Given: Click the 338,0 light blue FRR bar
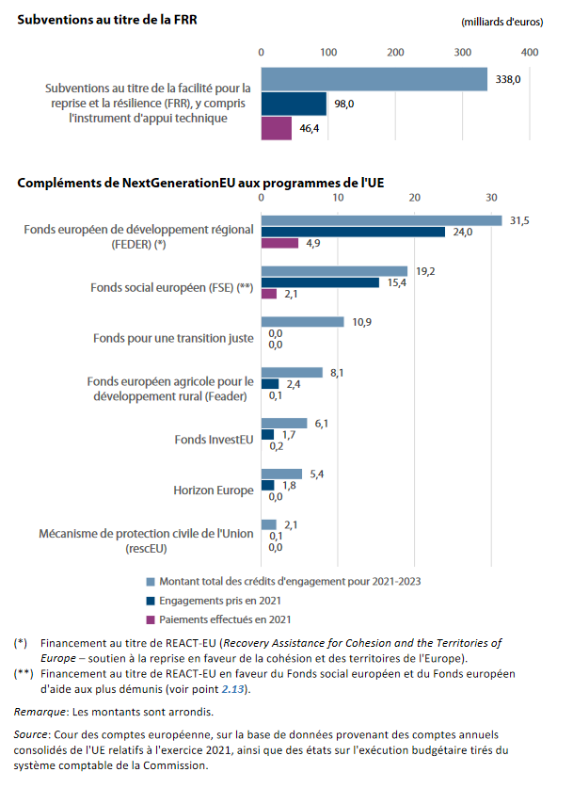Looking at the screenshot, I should [374, 80].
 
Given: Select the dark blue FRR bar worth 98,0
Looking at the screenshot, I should [294, 104].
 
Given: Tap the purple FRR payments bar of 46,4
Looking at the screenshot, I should [277, 127].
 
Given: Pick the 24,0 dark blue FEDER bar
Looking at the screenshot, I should [353, 232].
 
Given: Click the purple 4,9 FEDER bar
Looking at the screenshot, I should [279, 244].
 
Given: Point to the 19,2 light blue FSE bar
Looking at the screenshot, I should [334, 271].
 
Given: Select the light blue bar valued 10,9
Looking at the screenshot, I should [302, 322].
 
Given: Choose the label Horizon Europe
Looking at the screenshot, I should [214, 490].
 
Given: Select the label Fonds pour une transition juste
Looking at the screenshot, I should [173, 338].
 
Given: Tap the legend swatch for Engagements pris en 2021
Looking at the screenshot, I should [151, 601].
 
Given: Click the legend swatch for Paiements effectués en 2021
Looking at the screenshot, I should [151, 619].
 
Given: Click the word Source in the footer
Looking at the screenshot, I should [32, 732].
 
